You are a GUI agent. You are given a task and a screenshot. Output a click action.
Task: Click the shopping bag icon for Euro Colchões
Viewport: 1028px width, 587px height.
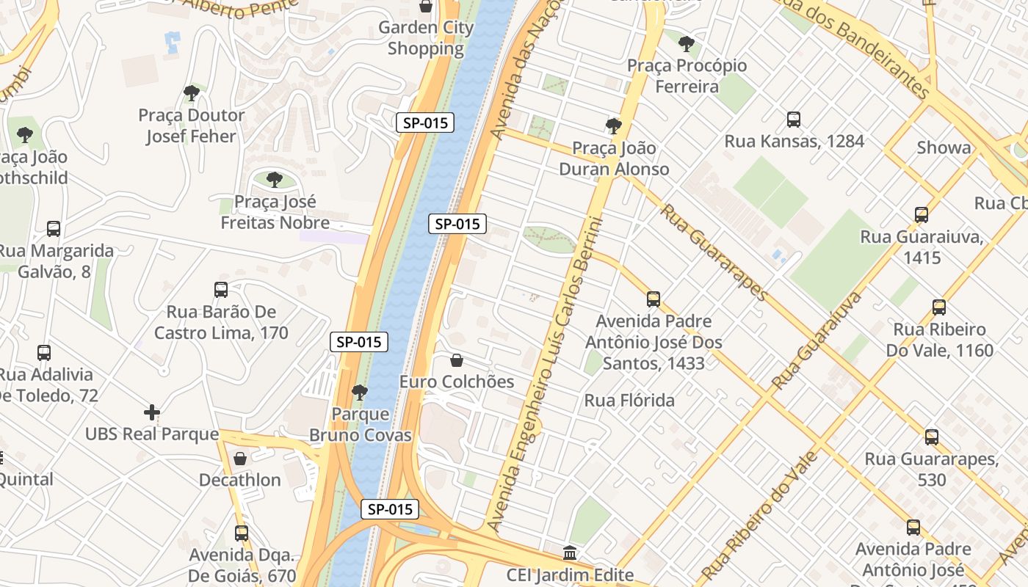click(x=457, y=360)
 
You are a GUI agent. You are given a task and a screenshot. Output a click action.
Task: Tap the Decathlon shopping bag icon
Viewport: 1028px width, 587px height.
click(x=240, y=459)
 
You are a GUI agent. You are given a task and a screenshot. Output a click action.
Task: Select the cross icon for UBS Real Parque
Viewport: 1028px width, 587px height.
click(x=152, y=412)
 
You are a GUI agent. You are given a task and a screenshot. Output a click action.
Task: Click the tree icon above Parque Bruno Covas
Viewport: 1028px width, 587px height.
click(x=360, y=393)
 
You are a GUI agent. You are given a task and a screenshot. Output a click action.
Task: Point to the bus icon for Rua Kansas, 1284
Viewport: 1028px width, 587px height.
click(x=794, y=120)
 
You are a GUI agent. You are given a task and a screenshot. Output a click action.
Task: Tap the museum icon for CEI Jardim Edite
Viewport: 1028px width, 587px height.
click(x=570, y=553)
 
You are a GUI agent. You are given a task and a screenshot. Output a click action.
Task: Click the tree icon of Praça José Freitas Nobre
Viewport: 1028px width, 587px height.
click(x=275, y=180)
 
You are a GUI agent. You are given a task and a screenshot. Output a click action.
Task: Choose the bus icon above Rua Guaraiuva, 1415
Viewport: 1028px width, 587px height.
click(x=922, y=215)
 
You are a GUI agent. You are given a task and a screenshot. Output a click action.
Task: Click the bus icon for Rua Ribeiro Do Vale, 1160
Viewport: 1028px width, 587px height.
click(x=939, y=307)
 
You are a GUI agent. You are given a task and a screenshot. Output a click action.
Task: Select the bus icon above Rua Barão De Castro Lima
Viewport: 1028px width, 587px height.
click(x=221, y=290)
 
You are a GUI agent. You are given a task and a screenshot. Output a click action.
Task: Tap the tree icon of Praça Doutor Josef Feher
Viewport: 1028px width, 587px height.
click(x=192, y=93)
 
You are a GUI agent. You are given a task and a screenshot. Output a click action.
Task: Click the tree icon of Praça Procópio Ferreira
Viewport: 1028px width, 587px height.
click(x=687, y=44)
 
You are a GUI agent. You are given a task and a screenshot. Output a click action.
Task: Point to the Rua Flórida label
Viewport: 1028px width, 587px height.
click(x=629, y=401)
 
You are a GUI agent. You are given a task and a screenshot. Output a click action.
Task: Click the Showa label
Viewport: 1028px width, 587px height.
click(x=944, y=147)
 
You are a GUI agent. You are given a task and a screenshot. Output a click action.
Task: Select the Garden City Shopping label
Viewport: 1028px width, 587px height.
click(x=426, y=38)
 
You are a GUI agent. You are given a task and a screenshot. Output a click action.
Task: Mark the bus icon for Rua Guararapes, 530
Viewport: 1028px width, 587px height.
click(x=932, y=437)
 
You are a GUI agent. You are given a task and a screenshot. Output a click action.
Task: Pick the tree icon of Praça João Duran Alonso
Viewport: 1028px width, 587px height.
click(x=614, y=126)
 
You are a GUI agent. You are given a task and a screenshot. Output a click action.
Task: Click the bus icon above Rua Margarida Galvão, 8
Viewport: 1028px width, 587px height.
click(x=54, y=229)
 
